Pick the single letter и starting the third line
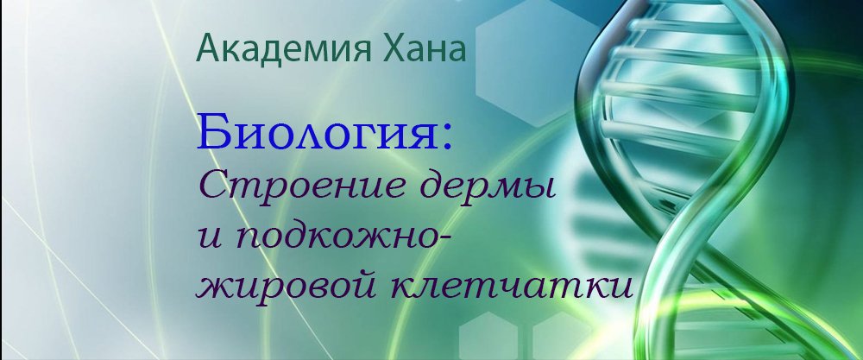click(x=208, y=237)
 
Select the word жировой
click(x=284, y=285)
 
